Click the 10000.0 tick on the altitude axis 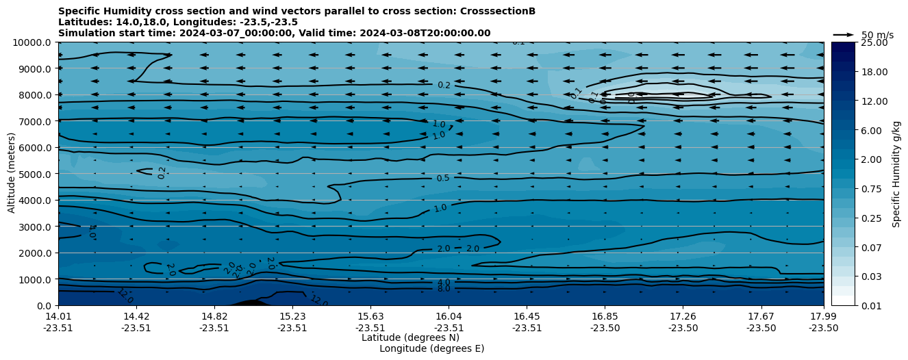click(x=32, y=42)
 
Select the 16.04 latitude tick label click(x=449, y=316)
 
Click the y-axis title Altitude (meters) click(x=12, y=174)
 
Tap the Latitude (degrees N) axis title click(x=410, y=337)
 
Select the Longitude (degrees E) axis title click(x=431, y=348)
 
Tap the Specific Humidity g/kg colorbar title click(x=896, y=174)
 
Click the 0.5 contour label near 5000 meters click(x=443, y=179)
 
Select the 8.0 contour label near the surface click(x=444, y=289)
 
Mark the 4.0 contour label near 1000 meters click(x=444, y=282)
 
